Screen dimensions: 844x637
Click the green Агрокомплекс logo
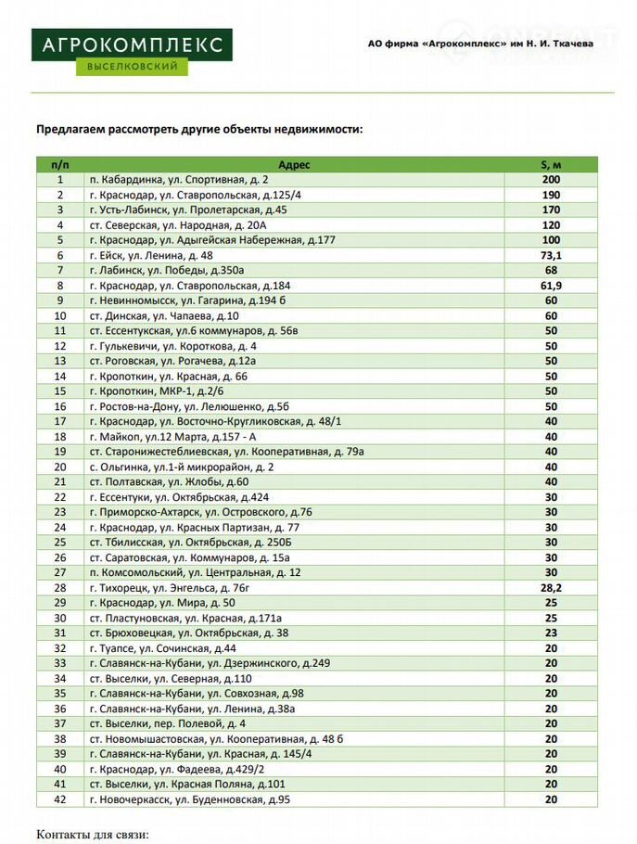click(132, 52)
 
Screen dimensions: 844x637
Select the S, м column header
click(551, 164)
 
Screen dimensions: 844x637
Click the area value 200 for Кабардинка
click(551, 180)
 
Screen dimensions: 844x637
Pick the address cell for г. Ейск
click(151, 255)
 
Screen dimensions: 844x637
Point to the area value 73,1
click(551, 255)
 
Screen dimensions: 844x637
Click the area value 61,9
click(551, 286)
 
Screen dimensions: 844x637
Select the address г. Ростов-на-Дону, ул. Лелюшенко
click(189, 406)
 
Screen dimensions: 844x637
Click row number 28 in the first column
click(61, 588)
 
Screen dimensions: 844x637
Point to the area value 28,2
click(551, 588)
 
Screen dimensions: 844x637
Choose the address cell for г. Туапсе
click(162, 648)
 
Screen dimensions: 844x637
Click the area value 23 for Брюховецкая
click(551, 633)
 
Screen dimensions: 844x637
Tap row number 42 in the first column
click(61, 799)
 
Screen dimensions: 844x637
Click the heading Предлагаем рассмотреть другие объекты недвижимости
click(199, 130)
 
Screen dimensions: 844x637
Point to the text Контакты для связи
click(93, 835)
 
